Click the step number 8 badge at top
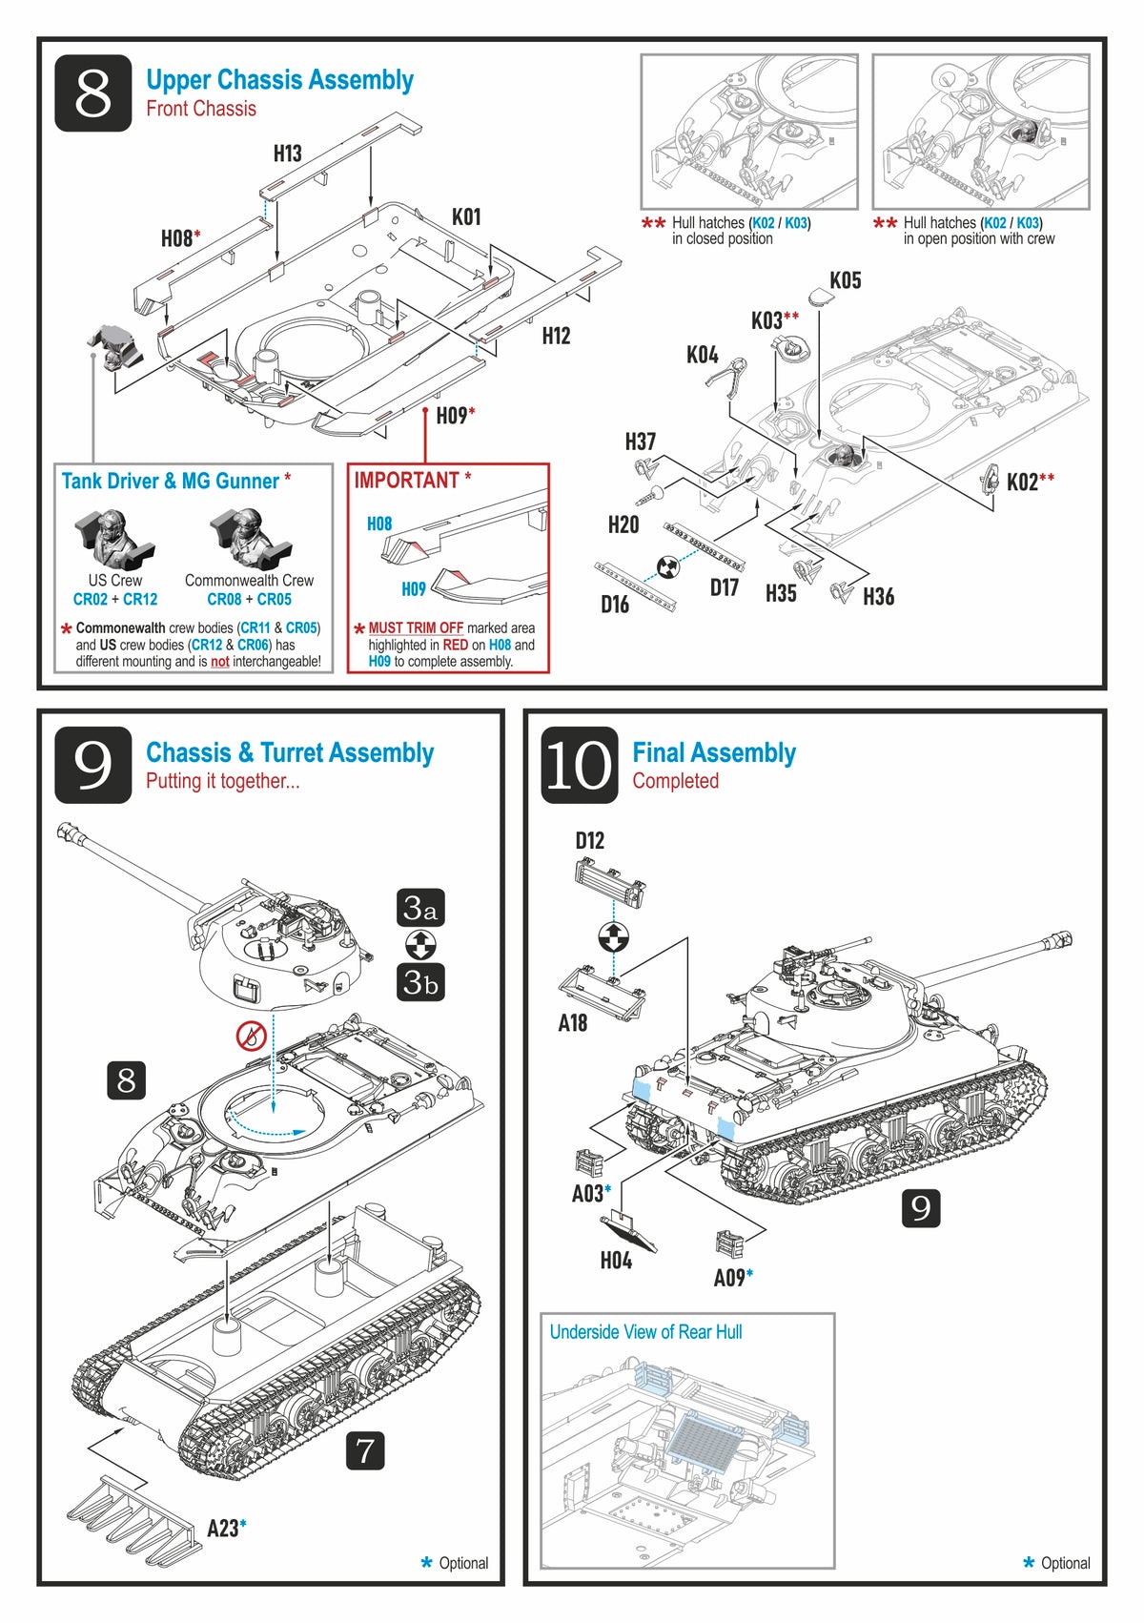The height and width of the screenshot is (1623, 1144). click(92, 92)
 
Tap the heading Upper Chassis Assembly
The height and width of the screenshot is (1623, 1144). click(279, 80)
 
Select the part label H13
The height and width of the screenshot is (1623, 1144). click(287, 154)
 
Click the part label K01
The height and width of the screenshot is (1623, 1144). click(466, 217)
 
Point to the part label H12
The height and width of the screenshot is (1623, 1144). click(556, 336)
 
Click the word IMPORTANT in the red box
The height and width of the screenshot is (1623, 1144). click(407, 481)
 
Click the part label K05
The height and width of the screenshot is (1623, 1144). click(845, 280)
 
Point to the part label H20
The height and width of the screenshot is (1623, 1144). click(623, 524)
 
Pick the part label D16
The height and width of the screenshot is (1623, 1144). click(615, 605)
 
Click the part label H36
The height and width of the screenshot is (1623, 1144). click(878, 597)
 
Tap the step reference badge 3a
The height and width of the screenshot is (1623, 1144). click(420, 908)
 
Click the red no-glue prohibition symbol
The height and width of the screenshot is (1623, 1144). click(251, 1035)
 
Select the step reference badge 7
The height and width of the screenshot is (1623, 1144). click(365, 1450)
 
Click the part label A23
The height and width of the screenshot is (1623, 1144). click(223, 1528)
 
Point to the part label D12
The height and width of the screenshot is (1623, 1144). click(589, 841)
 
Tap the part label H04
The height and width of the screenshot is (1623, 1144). click(616, 1261)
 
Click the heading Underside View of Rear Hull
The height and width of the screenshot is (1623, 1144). click(645, 1332)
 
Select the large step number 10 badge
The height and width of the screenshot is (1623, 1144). click(579, 765)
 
